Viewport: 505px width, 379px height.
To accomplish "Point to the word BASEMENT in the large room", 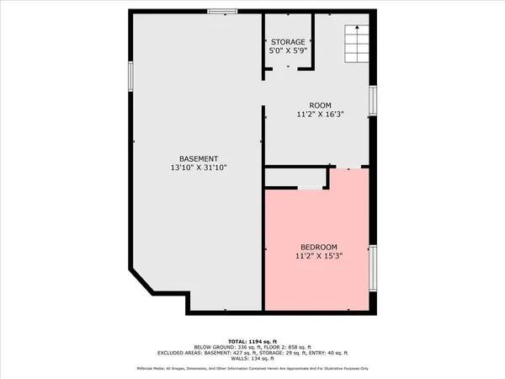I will [x=199, y=159].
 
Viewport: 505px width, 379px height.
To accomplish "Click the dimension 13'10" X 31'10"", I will [x=199, y=168].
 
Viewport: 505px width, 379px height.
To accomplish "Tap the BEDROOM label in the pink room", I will [x=318, y=246].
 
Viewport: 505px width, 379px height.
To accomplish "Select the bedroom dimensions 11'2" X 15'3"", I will [x=318, y=255].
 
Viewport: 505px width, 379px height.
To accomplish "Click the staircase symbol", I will [x=356, y=40].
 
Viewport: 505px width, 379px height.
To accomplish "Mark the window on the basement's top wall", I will [x=221, y=11].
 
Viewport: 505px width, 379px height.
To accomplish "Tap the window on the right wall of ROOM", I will [x=374, y=99].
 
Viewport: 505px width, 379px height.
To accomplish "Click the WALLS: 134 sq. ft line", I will [x=252, y=359].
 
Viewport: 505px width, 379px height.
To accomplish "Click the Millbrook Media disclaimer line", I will [x=252, y=369].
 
